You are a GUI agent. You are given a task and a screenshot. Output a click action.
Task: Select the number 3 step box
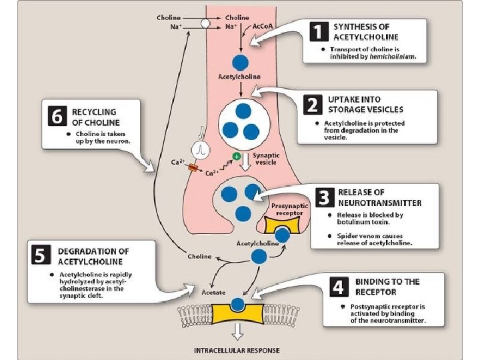pos(324,197)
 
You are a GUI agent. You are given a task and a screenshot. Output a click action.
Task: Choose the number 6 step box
pos(58,117)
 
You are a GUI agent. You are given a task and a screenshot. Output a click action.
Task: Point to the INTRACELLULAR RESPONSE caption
pos(237,350)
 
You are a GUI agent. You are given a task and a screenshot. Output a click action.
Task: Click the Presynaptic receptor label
pos(289,210)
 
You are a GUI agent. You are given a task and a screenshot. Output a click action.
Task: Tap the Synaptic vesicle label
pos(266,159)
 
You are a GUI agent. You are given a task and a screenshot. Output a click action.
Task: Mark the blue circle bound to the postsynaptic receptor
pos(237,305)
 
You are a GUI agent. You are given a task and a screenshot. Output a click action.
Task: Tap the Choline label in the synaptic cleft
pos(199,256)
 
